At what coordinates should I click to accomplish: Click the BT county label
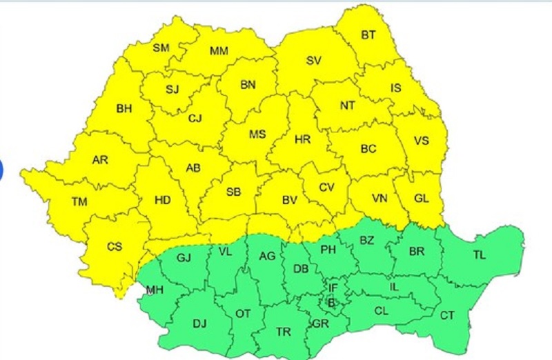point(368,35)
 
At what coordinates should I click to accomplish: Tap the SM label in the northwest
point(161,48)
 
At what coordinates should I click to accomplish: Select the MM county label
point(219,51)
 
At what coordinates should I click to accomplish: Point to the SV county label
point(313,60)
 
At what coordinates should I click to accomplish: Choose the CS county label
point(115,246)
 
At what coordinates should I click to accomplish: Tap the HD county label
point(163,200)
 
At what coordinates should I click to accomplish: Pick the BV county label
point(290,200)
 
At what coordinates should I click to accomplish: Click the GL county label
point(422,198)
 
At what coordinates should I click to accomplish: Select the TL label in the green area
point(479,255)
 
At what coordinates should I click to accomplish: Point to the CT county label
point(447,315)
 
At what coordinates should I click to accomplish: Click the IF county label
point(333,287)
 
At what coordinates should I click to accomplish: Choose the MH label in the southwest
point(155,290)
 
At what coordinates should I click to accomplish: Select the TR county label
point(284,332)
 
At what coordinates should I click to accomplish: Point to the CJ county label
point(195,118)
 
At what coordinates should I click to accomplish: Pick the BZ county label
point(366,241)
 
